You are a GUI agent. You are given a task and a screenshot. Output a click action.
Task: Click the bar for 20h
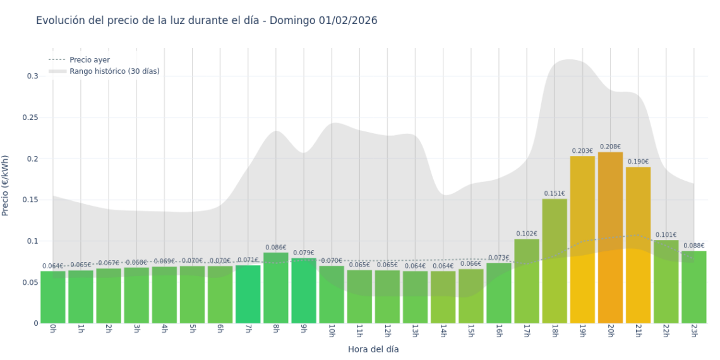(x=610, y=237)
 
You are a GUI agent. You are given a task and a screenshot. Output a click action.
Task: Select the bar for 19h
(x=582, y=239)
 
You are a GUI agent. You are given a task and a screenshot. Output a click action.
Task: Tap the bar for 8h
(x=276, y=288)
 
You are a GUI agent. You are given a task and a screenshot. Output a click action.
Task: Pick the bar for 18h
(x=555, y=261)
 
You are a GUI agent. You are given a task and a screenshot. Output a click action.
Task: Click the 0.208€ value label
(x=610, y=147)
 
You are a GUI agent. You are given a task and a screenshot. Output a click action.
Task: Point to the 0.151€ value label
(x=555, y=194)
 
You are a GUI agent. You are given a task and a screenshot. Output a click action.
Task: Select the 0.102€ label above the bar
(x=527, y=234)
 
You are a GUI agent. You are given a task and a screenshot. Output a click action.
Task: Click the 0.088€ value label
(x=693, y=246)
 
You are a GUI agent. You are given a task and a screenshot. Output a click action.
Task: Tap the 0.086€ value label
(x=276, y=248)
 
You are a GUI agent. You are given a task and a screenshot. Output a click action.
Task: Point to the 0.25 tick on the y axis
(x=30, y=117)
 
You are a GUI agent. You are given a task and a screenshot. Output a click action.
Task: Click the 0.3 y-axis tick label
(x=32, y=76)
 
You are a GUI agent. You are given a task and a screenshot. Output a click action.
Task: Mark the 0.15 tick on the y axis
(x=30, y=200)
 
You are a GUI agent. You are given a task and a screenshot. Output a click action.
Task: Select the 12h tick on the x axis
(x=387, y=332)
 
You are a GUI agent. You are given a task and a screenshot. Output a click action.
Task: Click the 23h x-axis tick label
(x=693, y=332)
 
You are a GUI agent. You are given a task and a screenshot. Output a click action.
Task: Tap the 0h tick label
(x=53, y=331)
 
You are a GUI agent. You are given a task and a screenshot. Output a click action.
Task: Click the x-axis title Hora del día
(x=373, y=349)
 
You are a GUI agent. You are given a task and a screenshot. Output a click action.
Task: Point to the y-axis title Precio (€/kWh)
(x=6, y=186)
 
